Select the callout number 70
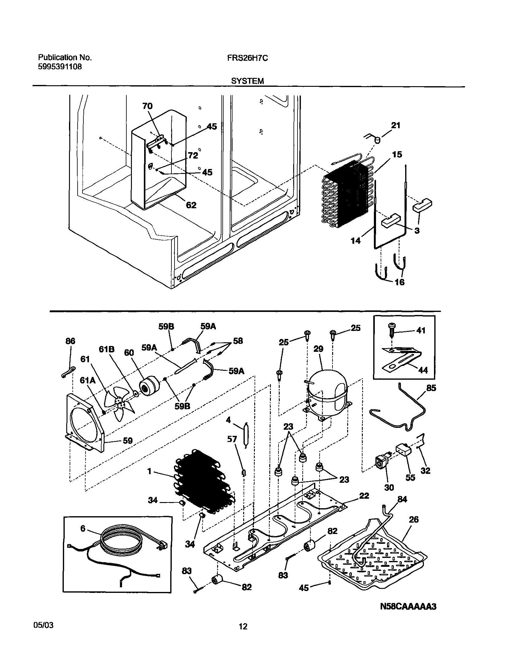pos(147,106)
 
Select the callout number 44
pos(423,370)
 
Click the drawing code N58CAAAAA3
pos(408,607)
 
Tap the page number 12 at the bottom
pos(243,635)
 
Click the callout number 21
pos(395,125)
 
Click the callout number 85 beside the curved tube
pos(431,388)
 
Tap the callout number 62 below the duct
pos(191,205)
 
